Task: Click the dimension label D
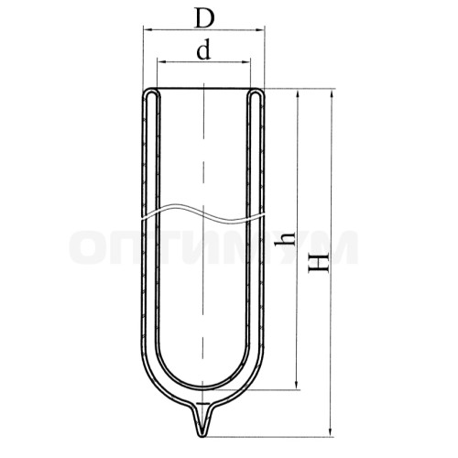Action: click(x=204, y=19)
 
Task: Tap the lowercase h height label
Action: click(x=285, y=238)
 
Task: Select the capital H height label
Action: click(x=318, y=262)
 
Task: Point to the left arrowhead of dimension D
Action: click(x=148, y=29)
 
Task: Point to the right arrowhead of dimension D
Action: click(x=260, y=30)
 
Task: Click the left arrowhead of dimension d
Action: click(x=161, y=62)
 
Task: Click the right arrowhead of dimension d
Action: click(x=245, y=62)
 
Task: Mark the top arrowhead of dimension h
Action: click(x=297, y=94)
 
